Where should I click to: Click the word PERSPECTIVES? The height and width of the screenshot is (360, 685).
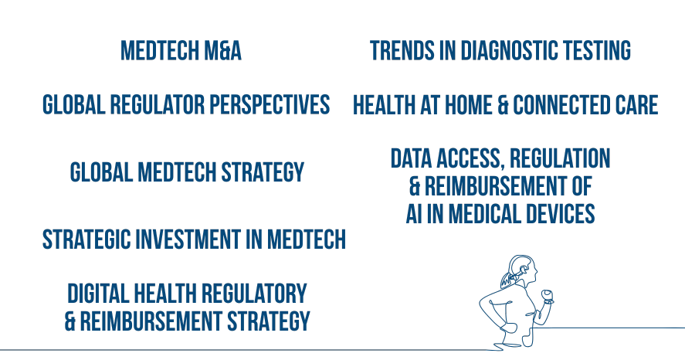pos(270,105)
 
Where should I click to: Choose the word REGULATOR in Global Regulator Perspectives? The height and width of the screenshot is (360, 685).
pos(158,105)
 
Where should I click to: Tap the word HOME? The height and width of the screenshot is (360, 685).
pos(468,105)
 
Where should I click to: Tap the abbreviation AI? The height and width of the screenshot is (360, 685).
pos(414,214)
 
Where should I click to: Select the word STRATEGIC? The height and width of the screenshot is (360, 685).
pos(86,239)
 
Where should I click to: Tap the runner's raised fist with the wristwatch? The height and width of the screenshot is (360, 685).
pos(548,296)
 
